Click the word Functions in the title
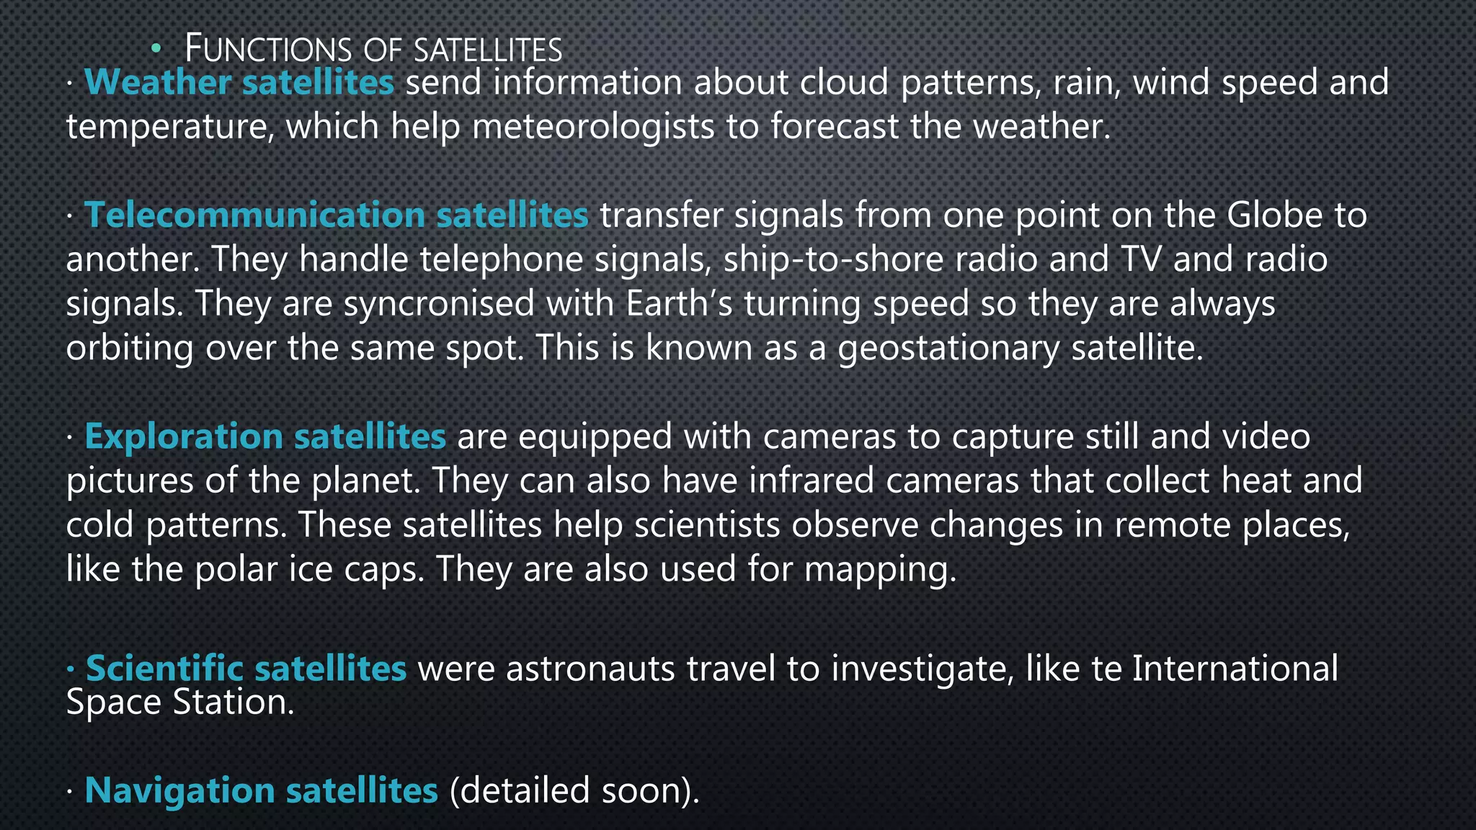(268, 50)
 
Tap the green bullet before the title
(156, 49)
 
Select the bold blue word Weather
(158, 82)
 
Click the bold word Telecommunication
(255, 215)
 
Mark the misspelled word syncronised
(438, 303)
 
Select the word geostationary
(948, 348)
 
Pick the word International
(1235, 669)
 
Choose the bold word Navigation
(179, 790)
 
